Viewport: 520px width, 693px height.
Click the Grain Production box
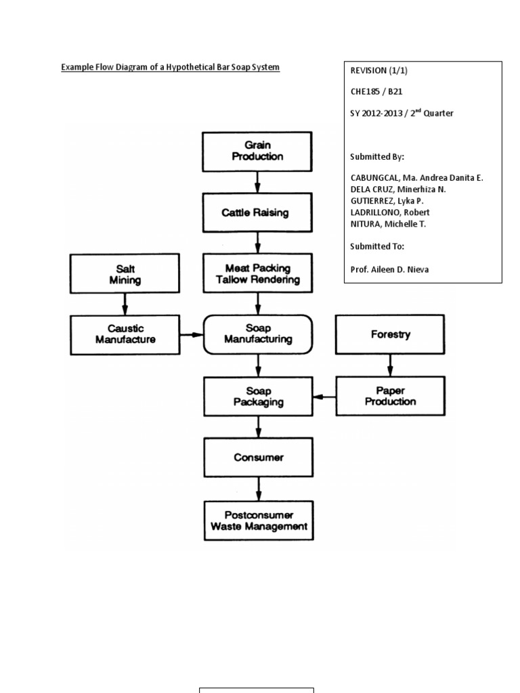coord(257,151)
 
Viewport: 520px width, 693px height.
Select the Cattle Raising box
coord(257,213)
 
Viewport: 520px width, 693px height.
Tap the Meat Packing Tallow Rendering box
coord(257,273)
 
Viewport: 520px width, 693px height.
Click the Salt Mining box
coord(125,273)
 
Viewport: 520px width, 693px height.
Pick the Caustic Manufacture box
coord(125,334)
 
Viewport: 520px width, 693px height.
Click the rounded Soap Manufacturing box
coord(257,334)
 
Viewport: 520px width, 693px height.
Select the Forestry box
coord(390,334)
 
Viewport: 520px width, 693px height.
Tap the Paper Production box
coord(390,396)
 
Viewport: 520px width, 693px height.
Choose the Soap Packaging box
coord(257,396)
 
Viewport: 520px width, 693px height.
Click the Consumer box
coord(257,457)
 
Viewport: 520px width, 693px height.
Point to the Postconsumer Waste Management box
coord(257,520)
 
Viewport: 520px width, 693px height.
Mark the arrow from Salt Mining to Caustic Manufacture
coord(125,304)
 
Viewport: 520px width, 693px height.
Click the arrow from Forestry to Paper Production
coord(390,365)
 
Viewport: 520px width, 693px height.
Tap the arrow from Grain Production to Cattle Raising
coord(257,181)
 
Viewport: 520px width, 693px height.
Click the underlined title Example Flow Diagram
coord(170,68)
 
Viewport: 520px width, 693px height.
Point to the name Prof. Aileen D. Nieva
coord(389,269)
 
